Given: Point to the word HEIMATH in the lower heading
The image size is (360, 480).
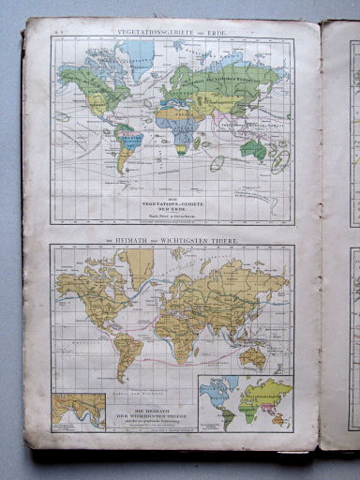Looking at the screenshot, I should point(140,241).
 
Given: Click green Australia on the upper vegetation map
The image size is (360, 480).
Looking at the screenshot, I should point(252,148).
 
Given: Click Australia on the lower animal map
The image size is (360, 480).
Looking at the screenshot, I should point(251,356).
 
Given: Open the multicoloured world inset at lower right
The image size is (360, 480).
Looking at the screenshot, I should point(245,403).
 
